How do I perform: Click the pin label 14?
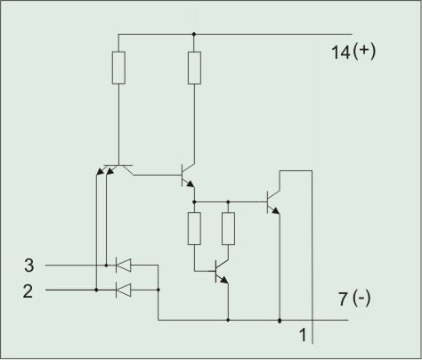click(x=340, y=53)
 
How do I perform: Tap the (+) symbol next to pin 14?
click(x=364, y=51)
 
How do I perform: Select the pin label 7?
click(x=343, y=299)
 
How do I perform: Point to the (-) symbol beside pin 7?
click(x=361, y=299)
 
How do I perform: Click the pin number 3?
click(x=29, y=266)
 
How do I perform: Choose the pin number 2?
click(x=28, y=291)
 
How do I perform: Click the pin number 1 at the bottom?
click(x=303, y=335)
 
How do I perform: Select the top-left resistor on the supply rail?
click(x=118, y=68)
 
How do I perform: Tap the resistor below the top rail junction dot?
click(x=194, y=68)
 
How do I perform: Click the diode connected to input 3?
click(x=123, y=266)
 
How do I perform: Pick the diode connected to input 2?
click(x=123, y=290)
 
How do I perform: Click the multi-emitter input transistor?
click(x=115, y=169)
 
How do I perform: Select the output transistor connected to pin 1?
click(x=273, y=202)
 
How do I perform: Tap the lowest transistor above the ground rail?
click(x=222, y=271)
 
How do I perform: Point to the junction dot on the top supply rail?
click(x=194, y=34)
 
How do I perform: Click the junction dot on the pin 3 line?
click(x=106, y=266)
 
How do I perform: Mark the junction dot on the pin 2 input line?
click(x=96, y=290)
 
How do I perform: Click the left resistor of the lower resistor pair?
click(x=194, y=228)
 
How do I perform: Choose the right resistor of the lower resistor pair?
click(x=228, y=228)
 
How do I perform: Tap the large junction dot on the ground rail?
click(x=280, y=321)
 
